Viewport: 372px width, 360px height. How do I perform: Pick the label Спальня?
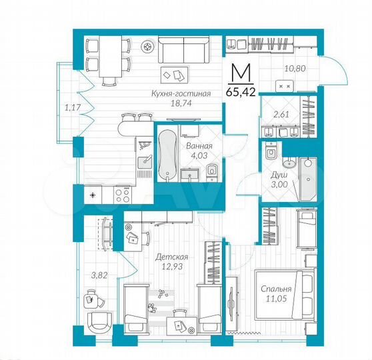click(277, 289)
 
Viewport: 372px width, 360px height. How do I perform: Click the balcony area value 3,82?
click(99, 273)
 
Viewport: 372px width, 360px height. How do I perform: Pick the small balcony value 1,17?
click(71, 105)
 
